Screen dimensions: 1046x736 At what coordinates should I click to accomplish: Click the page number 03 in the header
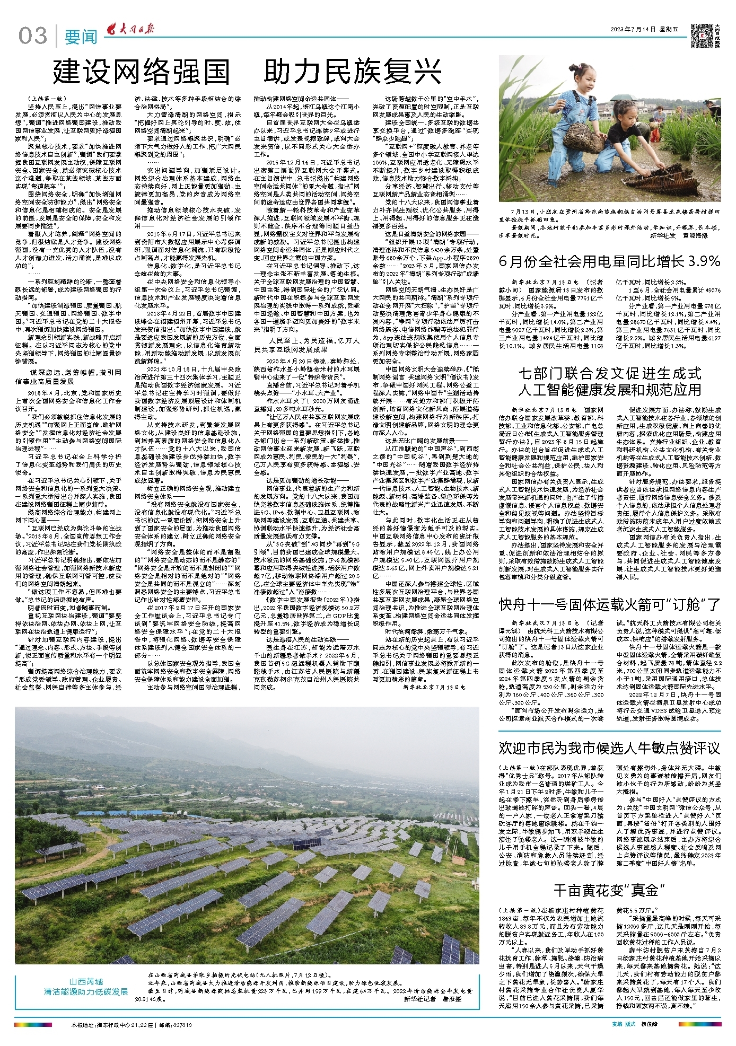click(x=32, y=36)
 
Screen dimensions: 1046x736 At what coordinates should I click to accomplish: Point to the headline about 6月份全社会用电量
click(x=609, y=261)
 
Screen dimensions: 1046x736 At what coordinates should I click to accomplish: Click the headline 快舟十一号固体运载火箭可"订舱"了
click(x=609, y=604)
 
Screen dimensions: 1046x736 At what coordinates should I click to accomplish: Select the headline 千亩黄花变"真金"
click(x=609, y=890)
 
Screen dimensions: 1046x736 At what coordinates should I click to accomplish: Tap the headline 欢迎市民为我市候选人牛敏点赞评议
click(x=609, y=748)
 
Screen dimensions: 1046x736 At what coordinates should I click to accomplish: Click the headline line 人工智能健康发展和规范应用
click(x=609, y=390)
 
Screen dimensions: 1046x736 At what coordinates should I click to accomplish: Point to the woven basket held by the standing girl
click(x=583, y=142)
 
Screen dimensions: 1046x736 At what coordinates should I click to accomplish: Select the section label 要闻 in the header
click(x=81, y=37)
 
